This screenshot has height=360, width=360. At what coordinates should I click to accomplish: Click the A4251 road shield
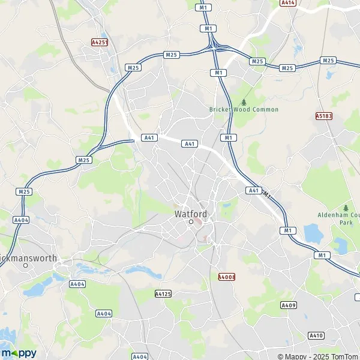(99, 43)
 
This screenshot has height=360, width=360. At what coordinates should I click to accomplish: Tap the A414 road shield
(287, 3)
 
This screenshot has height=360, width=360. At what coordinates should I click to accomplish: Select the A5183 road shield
(323, 115)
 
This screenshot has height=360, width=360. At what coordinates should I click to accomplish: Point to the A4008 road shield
(226, 277)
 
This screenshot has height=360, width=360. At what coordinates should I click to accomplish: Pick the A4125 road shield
(163, 293)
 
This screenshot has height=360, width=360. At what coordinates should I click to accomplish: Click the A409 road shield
(289, 305)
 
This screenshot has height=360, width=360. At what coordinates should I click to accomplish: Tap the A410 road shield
(316, 335)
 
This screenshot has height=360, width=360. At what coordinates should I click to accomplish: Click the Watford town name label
(191, 214)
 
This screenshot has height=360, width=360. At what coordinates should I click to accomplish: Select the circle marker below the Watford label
(191, 222)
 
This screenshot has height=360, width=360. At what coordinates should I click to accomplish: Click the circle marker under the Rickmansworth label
(25, 265)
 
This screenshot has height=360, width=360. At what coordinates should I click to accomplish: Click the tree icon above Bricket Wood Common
(244, 101)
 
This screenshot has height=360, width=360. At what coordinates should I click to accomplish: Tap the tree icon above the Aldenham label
(346, 207)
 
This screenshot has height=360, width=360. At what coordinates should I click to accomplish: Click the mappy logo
(19, 352)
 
